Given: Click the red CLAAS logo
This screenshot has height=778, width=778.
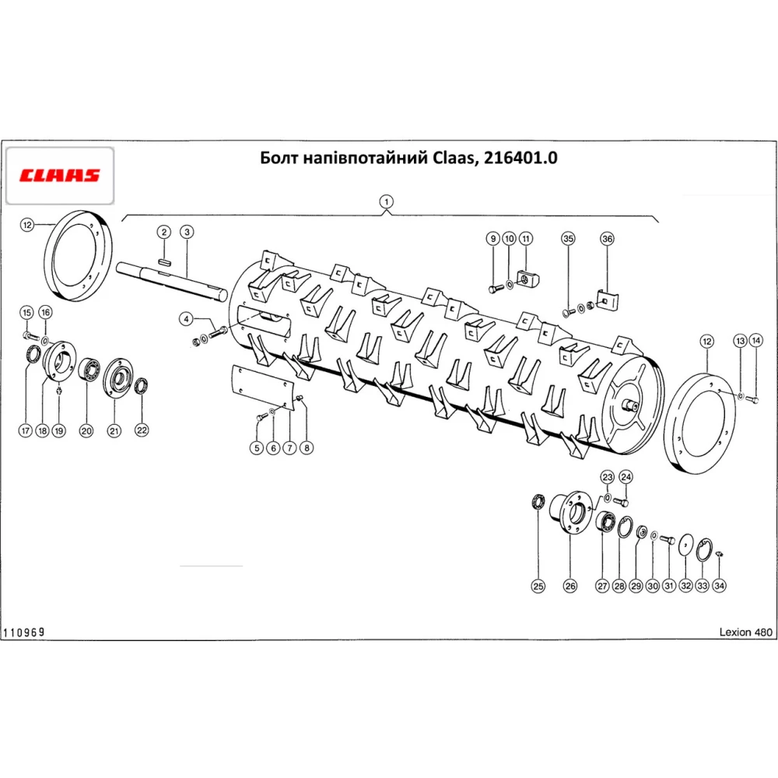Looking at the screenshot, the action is point(60,175).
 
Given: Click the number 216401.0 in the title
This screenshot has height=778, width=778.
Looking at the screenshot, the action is point(520,158).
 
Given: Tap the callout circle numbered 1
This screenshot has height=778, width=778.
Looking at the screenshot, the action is point(386,202).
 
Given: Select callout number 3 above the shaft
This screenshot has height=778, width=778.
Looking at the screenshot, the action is point(187,232).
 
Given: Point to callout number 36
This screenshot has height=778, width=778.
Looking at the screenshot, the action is point(608,239).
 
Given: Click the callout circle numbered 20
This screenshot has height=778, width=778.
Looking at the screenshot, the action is point(86,431).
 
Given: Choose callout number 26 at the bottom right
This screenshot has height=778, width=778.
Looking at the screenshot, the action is point(570,586).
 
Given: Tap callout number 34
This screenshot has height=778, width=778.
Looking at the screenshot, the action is point(719,586).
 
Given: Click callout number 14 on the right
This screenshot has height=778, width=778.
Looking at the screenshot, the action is point(755,341).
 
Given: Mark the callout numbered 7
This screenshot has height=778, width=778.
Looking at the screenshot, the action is point(289,448).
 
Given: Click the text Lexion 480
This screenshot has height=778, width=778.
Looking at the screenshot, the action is point(746,632).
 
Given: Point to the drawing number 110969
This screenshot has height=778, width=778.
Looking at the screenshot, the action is point(24,632).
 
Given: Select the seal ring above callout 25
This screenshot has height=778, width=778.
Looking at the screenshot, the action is point(538,502).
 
